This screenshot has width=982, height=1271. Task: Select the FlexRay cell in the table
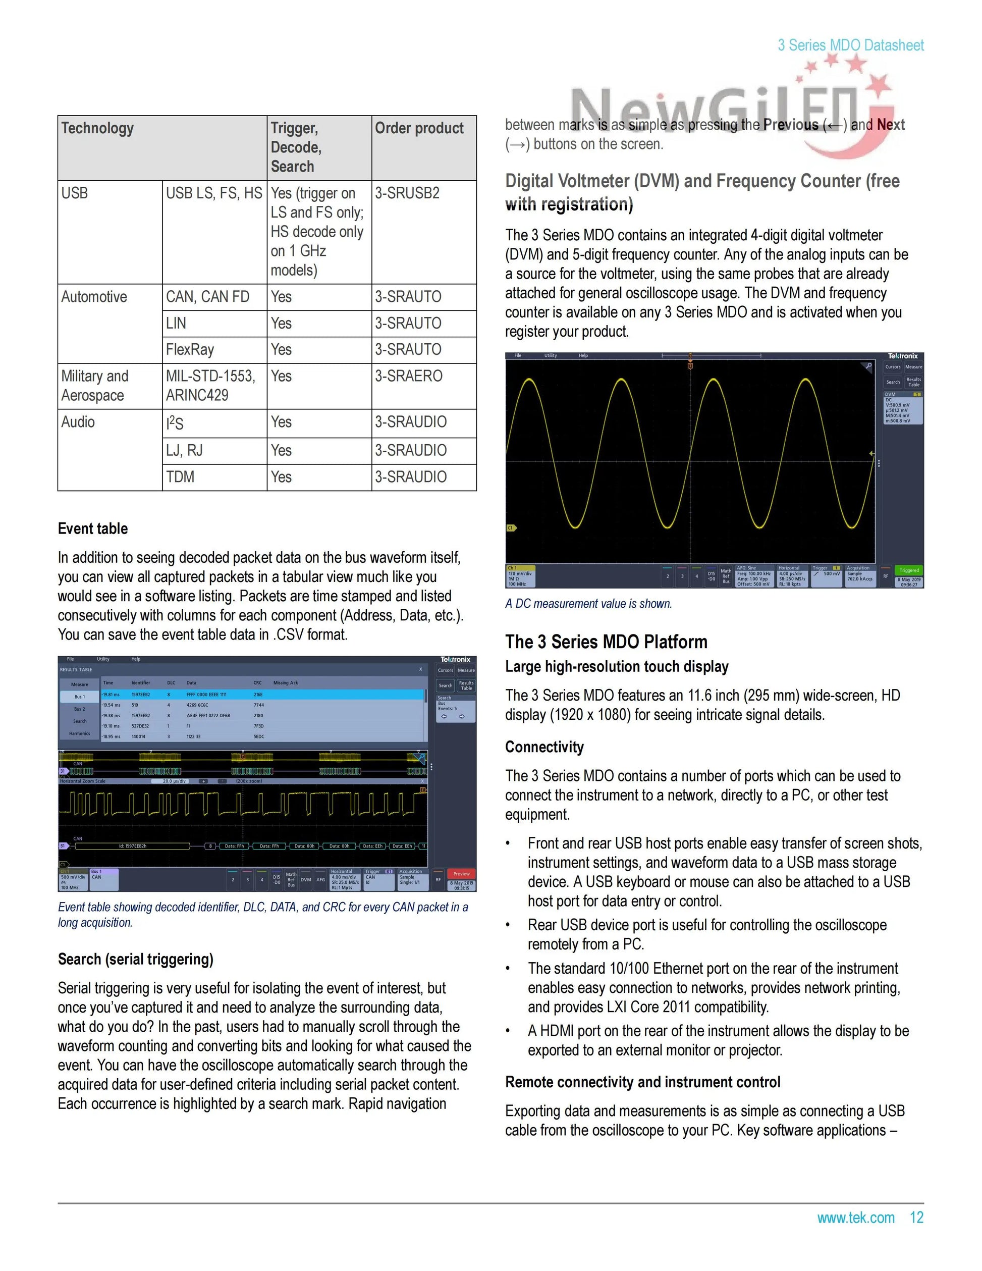(190, 350)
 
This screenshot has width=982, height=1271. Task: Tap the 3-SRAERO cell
(408, 377)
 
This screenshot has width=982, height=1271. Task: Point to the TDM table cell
(180, 477)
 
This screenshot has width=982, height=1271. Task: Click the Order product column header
(419, 128)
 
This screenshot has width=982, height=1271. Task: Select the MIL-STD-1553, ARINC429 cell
(210, 386)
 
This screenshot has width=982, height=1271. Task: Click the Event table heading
(93, 528)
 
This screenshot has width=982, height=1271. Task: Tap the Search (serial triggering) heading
(136, 959)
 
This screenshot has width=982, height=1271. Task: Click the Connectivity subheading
(544, 747)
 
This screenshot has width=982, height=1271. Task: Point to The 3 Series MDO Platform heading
(606, 642)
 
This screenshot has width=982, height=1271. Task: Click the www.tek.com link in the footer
(856, 1217)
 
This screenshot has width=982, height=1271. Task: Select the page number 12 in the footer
(917, 1217)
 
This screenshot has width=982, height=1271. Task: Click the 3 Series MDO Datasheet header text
(850, 45)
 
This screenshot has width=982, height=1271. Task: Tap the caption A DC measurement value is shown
(589, 604)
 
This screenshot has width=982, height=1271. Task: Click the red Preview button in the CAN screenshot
(461, 874)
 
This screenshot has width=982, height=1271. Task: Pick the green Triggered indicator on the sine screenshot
(909, 570)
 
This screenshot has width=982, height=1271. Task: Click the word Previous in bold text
(791, 125)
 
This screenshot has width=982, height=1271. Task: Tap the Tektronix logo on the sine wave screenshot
(902, 356)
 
